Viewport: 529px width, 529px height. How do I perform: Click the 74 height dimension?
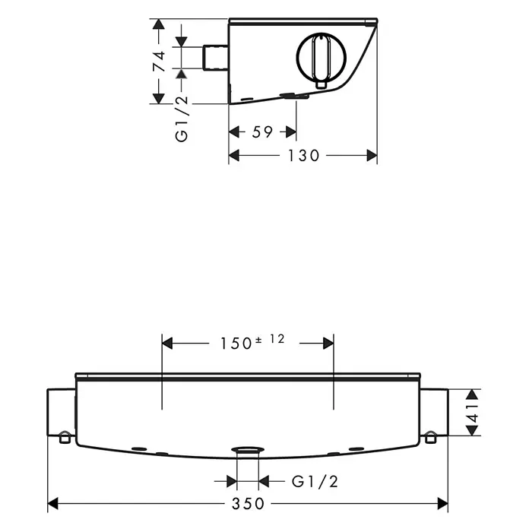point(160,61)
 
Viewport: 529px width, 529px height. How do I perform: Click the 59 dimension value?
point(262,132)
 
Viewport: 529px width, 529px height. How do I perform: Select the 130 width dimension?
point(303,156)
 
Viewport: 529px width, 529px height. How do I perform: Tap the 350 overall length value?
point(248,504)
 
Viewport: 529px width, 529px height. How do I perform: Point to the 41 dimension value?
point(472,412)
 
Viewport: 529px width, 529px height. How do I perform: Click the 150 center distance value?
point(236,344)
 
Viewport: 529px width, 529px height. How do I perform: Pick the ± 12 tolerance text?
point(270,339)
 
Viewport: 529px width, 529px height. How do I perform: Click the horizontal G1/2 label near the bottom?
point(315,481)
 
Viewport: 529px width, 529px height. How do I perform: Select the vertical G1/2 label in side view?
point(182,119)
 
